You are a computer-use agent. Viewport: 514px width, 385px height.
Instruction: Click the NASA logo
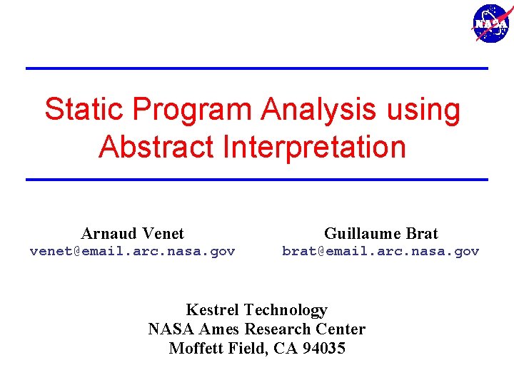click(x=491, y=23)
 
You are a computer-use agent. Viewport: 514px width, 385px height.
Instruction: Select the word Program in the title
click(x=191, y=110)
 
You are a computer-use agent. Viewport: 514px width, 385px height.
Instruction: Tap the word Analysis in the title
click(x=318, y=110)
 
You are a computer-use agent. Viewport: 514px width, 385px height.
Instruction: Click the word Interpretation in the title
click(x=314, y=147)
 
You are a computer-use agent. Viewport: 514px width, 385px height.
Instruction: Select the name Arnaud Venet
click(x=132, y=233)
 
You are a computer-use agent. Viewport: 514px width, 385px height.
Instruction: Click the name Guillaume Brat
click(x=381, y=233)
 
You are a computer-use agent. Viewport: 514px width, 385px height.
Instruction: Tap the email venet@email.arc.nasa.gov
click(x=132, y=251)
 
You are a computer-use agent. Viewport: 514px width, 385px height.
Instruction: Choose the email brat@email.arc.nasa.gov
click(x=381, y=251)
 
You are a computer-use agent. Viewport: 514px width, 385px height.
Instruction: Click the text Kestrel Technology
click(x=256, y=309)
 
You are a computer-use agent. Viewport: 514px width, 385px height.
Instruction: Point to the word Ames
click(x=221, y=329)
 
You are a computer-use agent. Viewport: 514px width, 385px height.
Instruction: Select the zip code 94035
click(x=324, y=348)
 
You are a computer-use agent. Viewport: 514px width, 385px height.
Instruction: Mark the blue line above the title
click(x=256, y=68)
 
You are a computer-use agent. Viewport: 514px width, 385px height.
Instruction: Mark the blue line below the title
click(x=256, y=179)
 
